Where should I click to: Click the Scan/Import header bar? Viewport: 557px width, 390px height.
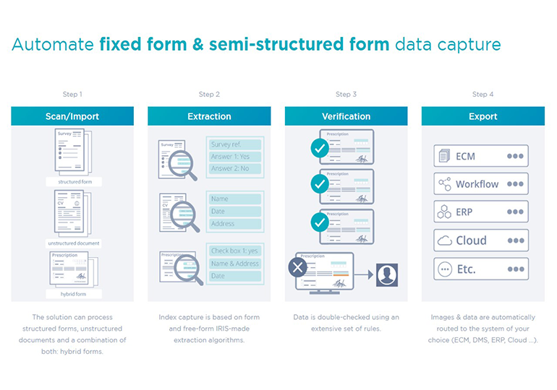pos(72,116)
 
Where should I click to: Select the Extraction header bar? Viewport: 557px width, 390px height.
pos(209,116)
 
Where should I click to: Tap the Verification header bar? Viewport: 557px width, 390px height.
pos(346,116)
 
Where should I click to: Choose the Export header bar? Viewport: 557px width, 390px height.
pos(482,116)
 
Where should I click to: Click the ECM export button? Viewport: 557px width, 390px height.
pos(481,156)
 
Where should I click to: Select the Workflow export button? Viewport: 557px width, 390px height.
pos(481,184)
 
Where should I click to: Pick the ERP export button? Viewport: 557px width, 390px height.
pos(481,212)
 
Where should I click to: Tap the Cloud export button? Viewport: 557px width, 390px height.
pos(481,240)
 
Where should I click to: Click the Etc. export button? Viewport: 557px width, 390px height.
pos(481,269)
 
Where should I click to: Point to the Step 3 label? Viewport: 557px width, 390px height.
pos(346,95)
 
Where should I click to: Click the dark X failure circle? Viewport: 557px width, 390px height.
pos(298,268)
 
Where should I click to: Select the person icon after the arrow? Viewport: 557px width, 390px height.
pos(387,274)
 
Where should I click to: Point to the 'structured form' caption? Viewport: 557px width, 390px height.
pos(72,183)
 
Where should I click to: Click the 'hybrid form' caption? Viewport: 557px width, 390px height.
pos(72,295)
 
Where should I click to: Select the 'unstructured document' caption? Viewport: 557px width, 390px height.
pos(72,243)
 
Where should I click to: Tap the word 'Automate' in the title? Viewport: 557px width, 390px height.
pos(53,45)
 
